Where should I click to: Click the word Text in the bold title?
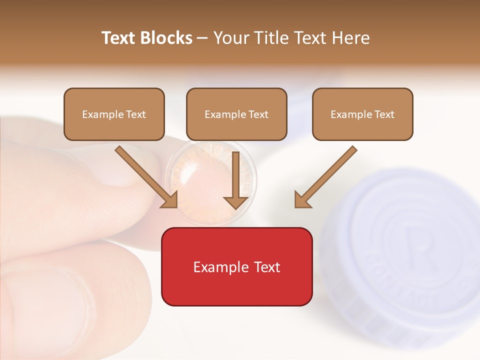(x=119, y=38)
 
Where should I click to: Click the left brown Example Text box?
(x=114, y=114)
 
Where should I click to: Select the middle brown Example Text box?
(x=236, y=114)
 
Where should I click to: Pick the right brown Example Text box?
(x=362, y=114)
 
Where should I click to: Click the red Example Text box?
(x=236, y=266)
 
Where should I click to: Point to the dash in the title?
(x=202, y=38)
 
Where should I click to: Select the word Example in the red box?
(x=218, y=267)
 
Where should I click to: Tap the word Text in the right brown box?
(x=384, y=114)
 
